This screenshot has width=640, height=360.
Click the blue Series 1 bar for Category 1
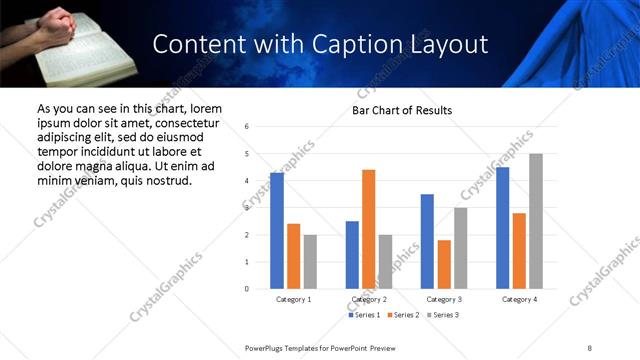click(277, 231)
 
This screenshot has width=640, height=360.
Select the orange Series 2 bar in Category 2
click(368, 229)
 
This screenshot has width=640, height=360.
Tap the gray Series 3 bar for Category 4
click(536, 221)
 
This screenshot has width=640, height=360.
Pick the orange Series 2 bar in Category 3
click(443, 264)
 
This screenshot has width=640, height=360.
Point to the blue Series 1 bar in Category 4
click(502, 228)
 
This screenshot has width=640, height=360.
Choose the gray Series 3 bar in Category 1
click(310, 262)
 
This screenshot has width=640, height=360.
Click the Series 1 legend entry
click(365, 315)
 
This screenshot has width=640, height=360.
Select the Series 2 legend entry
click(403, 315)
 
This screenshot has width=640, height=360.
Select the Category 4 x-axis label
click(519, 299)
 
